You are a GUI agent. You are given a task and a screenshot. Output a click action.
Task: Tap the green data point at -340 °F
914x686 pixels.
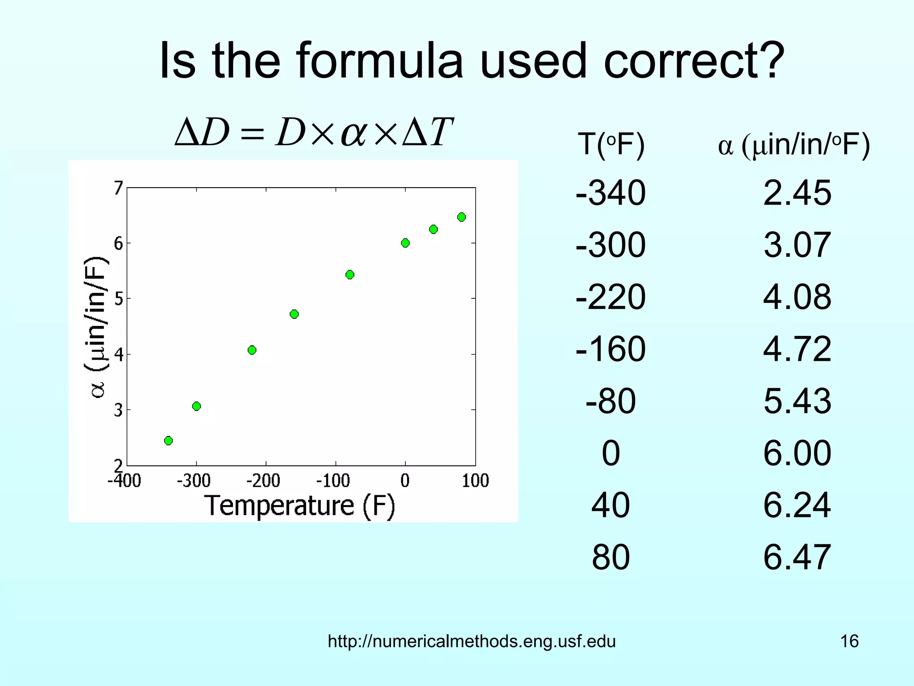[x=168, y=440]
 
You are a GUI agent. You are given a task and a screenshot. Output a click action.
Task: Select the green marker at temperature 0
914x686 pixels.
[x=405, y=243]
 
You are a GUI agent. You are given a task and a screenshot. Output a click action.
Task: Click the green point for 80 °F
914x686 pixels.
[x=461, y=217]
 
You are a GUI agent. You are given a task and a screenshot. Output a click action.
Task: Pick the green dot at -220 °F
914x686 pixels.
[x=252, y=350]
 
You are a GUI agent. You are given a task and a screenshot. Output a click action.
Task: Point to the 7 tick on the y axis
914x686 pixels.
[x=118, y=188]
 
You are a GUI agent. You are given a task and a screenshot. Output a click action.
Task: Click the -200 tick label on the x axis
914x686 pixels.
[x=263, y=481]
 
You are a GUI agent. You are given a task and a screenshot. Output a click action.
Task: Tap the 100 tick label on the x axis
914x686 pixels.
[x=475, y=481]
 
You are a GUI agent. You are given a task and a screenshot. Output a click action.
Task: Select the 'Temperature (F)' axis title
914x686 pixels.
[x=300, y=506]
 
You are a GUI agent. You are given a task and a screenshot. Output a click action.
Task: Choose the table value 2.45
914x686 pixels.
[x=797, y=193]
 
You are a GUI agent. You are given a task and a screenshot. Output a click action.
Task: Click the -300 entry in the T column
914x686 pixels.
[x=611, y=245]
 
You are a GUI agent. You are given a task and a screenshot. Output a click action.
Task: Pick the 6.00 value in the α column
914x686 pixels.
[x=797, y=453]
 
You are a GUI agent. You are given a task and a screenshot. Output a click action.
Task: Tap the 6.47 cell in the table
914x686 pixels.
[x=797, y=557]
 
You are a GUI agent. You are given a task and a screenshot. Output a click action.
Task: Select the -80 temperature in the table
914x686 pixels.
[x=611, y=401]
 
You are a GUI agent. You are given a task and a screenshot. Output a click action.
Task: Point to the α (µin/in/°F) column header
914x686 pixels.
[x=794, y=145]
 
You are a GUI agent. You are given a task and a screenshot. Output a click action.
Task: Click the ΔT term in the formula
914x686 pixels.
[x=428, y=132]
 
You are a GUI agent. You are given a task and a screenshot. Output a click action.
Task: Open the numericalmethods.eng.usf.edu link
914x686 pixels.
[x=472, y=641]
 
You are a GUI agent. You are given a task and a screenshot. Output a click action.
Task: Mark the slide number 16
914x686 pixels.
[x=849, y=641]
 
